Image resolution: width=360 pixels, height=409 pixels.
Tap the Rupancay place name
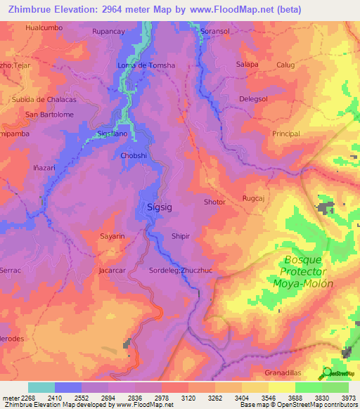coord(108,32)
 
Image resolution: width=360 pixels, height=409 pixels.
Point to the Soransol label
coord(215,32)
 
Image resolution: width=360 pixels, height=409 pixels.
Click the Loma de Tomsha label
coord(146,65)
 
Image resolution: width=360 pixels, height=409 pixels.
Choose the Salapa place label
coord(247,64)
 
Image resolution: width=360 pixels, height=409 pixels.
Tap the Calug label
coord(285,65)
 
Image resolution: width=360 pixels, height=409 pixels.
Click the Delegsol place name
coord(255,99)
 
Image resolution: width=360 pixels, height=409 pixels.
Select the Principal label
coord(285,134)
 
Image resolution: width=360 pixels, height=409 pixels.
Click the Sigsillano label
coord(112,133)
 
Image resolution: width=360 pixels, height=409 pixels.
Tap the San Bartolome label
coord(49,115)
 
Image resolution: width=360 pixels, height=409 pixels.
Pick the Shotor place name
coord(214,202)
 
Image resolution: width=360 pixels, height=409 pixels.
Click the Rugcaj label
coord(253,198)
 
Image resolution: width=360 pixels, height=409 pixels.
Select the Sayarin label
coord(112,236)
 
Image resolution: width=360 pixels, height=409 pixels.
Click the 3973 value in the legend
coord(347,398)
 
